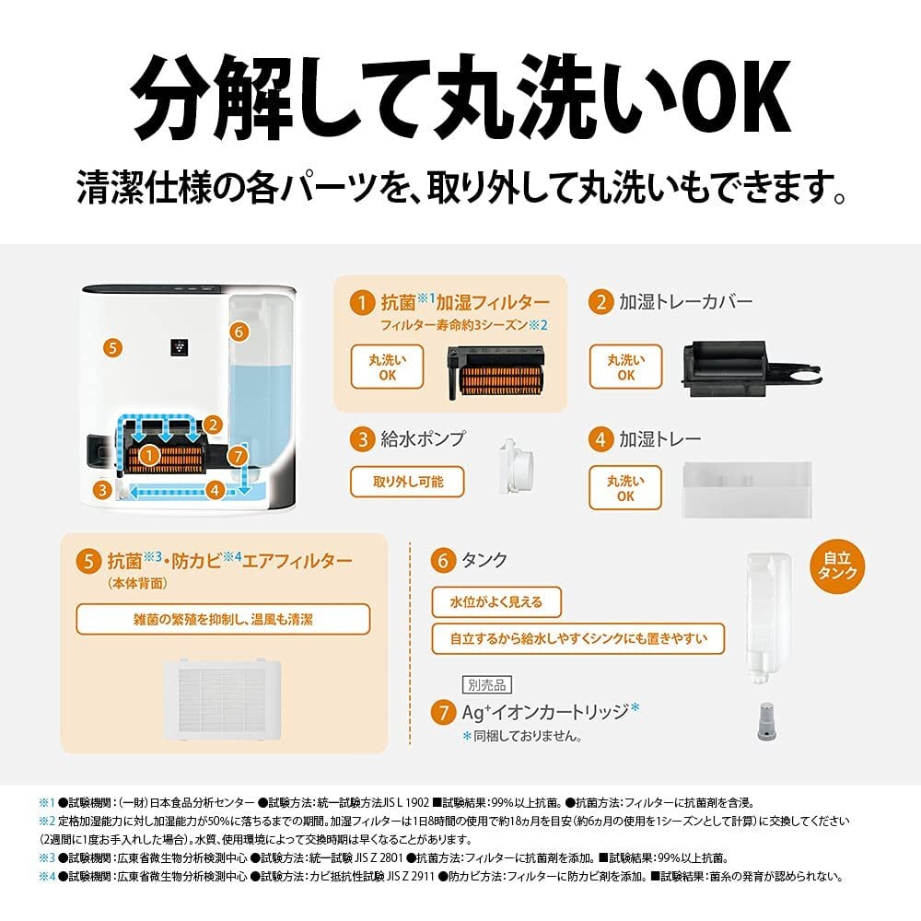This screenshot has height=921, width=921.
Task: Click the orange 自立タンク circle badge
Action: point(837,566)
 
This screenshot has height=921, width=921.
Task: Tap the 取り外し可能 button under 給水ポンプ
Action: point(407,482)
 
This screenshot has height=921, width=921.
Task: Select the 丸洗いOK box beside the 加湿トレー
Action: point(625,487)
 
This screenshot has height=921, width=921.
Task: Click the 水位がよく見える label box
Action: point(496,601)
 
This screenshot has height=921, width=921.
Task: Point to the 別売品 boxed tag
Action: point(487,685)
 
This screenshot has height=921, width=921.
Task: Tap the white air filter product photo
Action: point(222,699)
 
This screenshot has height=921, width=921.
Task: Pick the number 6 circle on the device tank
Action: point(239,332)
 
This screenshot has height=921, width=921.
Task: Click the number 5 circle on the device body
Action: point(112,348)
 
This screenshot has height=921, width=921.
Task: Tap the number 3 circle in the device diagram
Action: point(103,489)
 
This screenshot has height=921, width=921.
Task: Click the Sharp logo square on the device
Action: point(180,346)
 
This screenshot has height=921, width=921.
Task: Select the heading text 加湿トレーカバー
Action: point(685,302)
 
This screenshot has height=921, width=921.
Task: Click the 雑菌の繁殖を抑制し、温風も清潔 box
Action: point(223,619)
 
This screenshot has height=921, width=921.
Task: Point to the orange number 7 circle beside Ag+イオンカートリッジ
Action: point(443,713)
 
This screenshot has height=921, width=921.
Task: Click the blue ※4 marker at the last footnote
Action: point(47,877)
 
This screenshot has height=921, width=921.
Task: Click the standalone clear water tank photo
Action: point(767,617)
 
